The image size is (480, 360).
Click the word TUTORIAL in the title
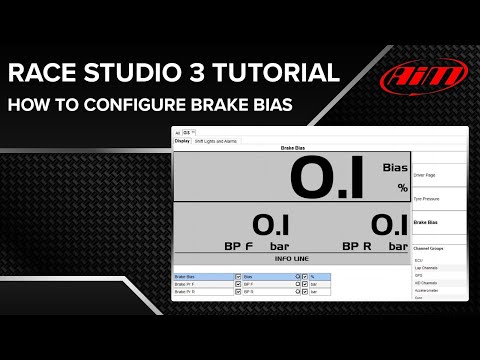(x=272, y=72)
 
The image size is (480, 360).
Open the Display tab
(x=182, y=141)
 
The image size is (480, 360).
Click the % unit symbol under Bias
(x=403, y=187)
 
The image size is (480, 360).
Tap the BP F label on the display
(x=237, y=245)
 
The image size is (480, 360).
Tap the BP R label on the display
(x=357, y=245)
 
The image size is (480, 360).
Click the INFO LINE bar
(x=291, y=258)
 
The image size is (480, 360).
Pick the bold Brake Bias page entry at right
(x=428, y=222)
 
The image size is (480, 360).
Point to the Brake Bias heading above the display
(x=291, y=148)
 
